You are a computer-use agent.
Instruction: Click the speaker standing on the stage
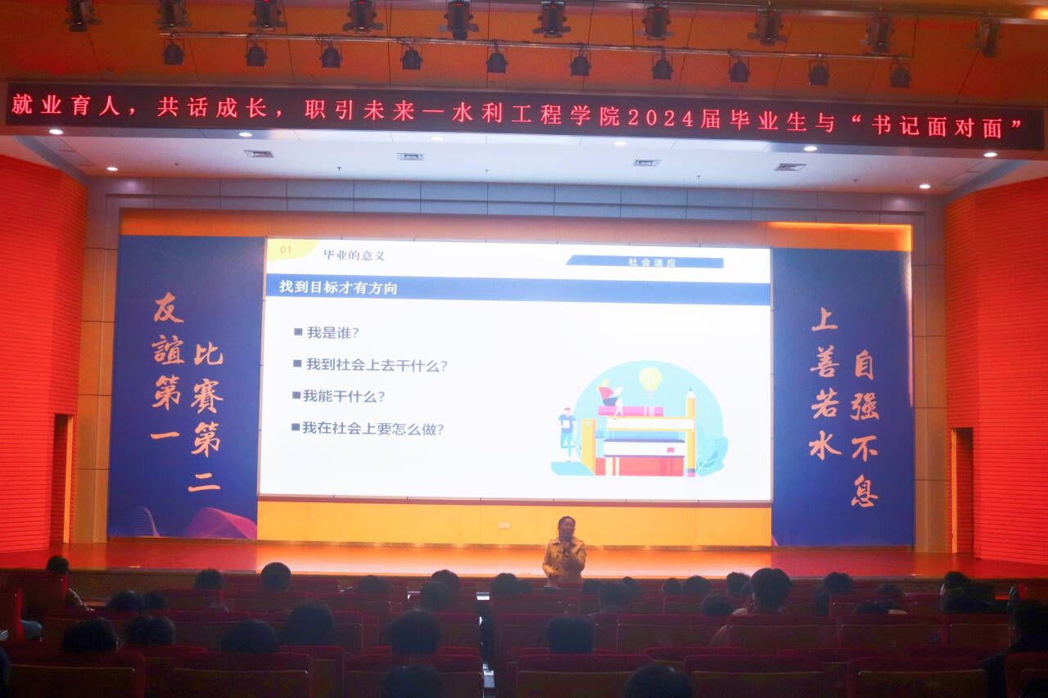coord(564,552)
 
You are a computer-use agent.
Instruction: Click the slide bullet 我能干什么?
coord(338,396)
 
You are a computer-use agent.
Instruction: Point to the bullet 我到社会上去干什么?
coord(370,365)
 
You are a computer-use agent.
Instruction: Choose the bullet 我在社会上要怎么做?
coord(368,428)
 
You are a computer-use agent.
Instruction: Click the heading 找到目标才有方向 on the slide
coord(338,287)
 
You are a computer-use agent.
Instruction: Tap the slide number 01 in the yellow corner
coord(286,250)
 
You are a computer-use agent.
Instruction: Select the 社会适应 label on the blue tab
coord(652,263)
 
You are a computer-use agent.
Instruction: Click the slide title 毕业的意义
coord(354,255)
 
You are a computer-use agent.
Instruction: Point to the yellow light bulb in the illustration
coord(650,380)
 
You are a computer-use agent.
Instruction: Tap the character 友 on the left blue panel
coord(169,308)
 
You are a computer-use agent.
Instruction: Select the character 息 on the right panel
coord(864,491)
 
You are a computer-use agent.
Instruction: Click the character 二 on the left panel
coord(205,481)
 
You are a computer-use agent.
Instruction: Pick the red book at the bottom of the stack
coord(639,466)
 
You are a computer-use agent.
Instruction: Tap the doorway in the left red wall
coord(62,479)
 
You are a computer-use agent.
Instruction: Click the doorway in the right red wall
coord(961,490)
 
